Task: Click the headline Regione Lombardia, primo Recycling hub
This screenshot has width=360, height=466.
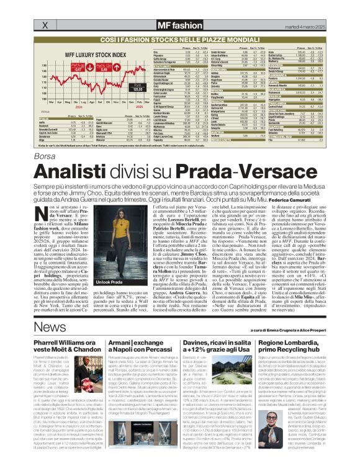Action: (x=302, y=344)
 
